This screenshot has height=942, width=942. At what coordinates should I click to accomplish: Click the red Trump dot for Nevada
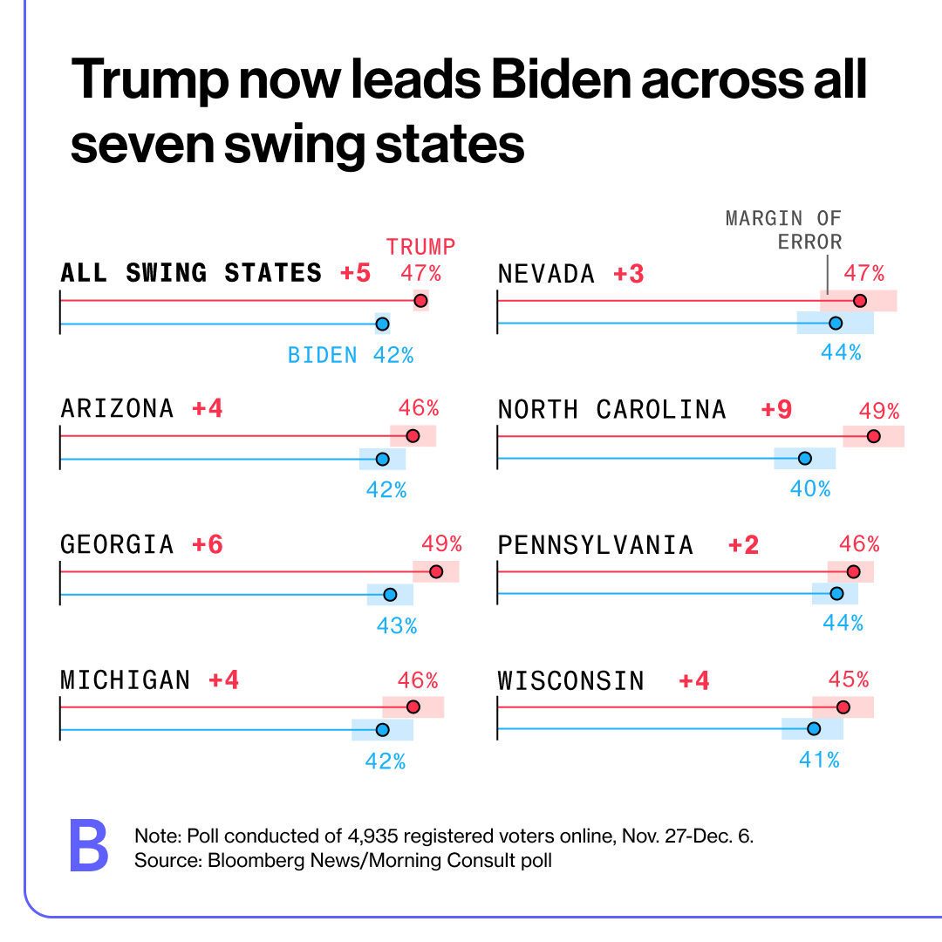[859, 301]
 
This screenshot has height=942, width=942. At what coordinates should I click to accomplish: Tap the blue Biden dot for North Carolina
[804, 458]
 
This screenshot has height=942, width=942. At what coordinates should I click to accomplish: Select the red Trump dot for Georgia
[436, 571]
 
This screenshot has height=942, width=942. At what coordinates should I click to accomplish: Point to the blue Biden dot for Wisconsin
[813, 728]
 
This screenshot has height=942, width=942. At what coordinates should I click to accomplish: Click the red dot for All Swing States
[420, 301]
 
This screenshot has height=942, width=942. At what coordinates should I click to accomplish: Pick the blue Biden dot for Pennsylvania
[836, 594]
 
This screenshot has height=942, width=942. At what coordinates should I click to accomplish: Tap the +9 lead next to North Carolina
[776, 410]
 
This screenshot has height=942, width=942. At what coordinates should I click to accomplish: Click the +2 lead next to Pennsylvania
[744, 546]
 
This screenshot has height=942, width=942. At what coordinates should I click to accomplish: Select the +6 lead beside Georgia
[208, 545]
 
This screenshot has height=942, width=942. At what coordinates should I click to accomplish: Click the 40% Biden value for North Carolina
[809, 489]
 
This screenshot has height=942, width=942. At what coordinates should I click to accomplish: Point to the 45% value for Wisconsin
[849, 679]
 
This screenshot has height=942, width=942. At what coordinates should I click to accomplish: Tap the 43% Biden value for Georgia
[397, 625]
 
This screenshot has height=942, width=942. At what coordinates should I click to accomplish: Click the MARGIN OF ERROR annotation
[783, 229]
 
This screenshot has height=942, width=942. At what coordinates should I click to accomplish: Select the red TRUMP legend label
[420, 246]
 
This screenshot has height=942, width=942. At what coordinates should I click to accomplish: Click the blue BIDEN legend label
[323, 355]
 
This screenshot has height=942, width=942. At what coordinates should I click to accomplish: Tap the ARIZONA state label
[117, 408]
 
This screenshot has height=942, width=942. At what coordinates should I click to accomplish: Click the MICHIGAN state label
[125, 680]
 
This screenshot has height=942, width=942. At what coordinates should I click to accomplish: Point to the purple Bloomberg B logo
[88, 845]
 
